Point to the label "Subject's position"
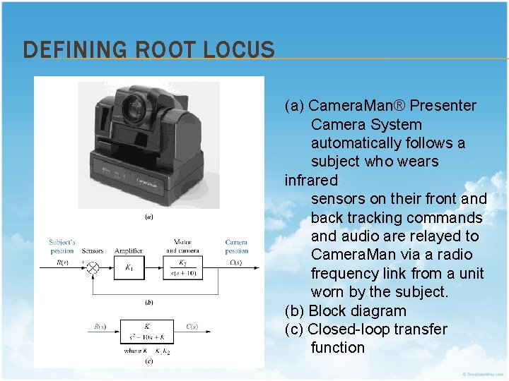[62, 246]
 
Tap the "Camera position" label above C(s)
[237, 246]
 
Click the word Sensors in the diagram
[92, 251]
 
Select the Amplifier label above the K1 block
[129, 251]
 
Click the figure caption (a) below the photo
[149, 217]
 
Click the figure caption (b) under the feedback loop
[149, 302]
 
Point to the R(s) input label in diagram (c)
[100, 327]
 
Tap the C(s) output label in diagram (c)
[192, 327]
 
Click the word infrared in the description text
[311, 180]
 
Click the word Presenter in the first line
[443, 106]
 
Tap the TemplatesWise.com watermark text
[484, 373]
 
